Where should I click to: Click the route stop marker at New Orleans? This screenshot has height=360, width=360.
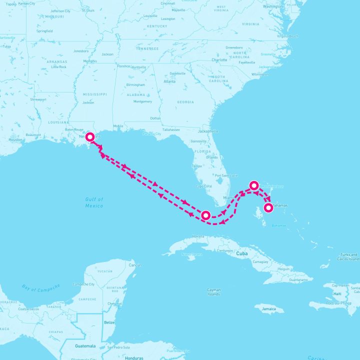(90, 136)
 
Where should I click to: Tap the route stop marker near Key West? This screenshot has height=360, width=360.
(205, 215)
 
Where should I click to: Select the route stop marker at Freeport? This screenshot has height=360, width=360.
(253, 186)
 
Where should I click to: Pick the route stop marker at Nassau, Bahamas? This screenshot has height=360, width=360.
(268, 207)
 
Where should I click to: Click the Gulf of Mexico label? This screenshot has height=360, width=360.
(94, 202)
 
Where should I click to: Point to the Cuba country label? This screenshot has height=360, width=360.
(242, 253)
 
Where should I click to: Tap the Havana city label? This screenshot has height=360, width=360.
(198, 236)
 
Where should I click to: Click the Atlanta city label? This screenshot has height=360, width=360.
(169, 81)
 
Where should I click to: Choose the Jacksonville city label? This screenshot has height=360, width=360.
(208, 131)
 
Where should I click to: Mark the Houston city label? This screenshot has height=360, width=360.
(15, 139)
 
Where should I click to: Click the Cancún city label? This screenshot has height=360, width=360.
(135, 264)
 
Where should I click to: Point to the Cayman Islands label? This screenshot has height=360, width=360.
(213, 292)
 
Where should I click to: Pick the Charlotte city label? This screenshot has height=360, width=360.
(219, 60)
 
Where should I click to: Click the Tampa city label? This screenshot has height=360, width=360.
(197, 166)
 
